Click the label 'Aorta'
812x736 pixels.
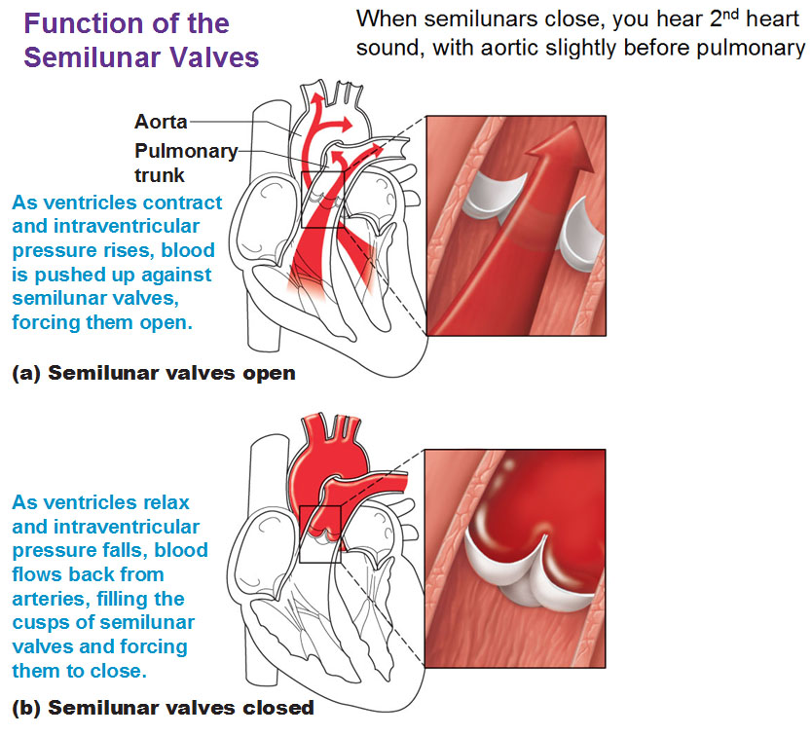[x=161, y=122]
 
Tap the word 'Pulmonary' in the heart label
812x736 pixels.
[x=186, y=151]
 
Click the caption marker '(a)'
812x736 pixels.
[x=26, y=373]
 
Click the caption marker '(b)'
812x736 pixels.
[x=26, y=708]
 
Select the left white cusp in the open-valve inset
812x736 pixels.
[x=493, y=196]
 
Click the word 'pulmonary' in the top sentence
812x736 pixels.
[x=751, y=49]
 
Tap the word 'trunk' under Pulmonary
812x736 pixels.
[x=160, y=175]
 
